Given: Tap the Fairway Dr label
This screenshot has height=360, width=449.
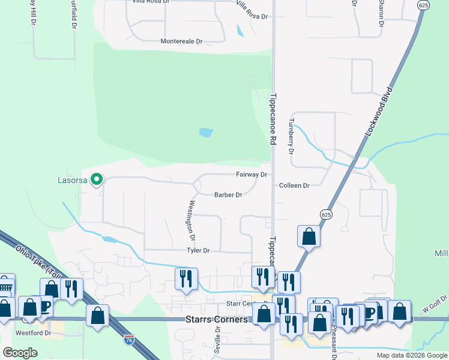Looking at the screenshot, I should pyautogui.click(x=251, y=174).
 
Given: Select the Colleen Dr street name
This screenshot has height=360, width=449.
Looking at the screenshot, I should pyautogui.click(x=294, y=186).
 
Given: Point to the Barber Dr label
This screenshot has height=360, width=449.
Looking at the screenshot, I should pyautogui.click(x=228, y=194).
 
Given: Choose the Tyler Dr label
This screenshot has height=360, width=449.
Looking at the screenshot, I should pyautogui.click(x=198, y=250).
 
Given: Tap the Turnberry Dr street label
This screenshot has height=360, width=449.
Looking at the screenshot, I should pyautogui.click(x=291, y=135).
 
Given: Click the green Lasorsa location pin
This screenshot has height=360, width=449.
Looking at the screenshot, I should pyautogui.click(x=96, y=179).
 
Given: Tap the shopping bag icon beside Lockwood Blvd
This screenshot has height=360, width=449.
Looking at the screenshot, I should pyautogui.click(x=309, y=235).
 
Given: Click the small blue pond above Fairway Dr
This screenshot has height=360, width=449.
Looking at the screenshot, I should pyautogui.click(x=206, y=132).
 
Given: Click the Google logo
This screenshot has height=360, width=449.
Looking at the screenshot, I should pyautogui.click(x=20, y=353).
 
